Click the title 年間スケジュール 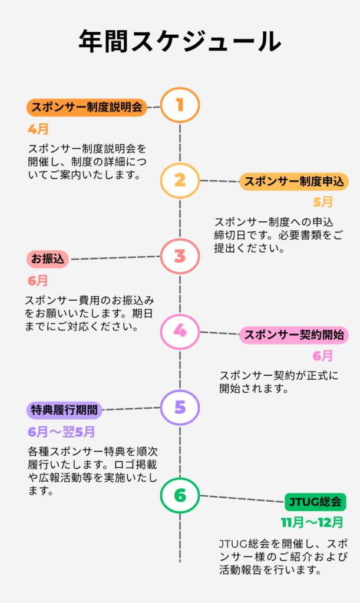(x=180, y=42)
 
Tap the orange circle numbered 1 (x=180, y=105)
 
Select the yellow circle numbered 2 (x=180, y=180)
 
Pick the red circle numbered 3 (x=180, y=256)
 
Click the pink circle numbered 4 (x=180, y=332)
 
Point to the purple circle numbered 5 (x=180, y=407)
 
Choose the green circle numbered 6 (x=180, y=495)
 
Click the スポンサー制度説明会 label (x=87, y=108)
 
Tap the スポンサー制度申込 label (x=294, y=182)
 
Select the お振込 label (x=48, y=259)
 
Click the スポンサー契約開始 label (x=294, y=336)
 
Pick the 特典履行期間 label (x=65, y=410)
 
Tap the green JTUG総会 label (x=315, y=502)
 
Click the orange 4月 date (x=38, y=128)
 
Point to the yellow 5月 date (x=323, y=202)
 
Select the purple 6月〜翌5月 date (x=61, y=431)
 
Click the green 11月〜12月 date (x=312, y=522)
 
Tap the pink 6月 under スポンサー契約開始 (x=323, y=356)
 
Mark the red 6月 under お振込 (x=38, y=280)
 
